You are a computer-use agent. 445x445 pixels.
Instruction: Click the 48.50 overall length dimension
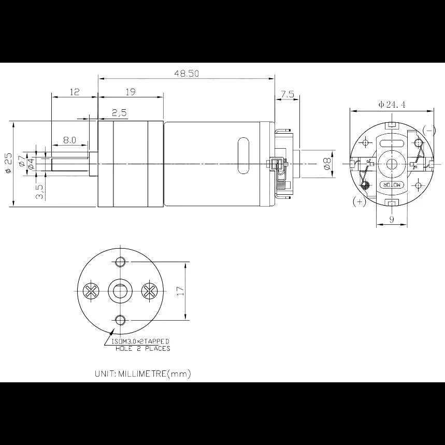click(x=186, y=74)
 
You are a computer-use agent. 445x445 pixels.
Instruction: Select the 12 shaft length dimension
click(x=75, y=92)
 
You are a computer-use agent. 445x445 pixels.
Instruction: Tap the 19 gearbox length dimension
click(x=130, y=92)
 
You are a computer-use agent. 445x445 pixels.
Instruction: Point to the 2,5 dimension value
click(x=119, y=112)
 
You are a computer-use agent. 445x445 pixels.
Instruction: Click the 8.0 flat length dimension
click(x=69, y=140)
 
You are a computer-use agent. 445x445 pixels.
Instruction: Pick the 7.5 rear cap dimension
click(x=288, y=94)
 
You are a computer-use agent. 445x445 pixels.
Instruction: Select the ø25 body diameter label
click(x=9, y=163)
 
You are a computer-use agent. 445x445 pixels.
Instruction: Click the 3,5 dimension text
click(x=40, y=192)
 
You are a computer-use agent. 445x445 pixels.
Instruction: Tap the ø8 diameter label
click(x=327, y=164)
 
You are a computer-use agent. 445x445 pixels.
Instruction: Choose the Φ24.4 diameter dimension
click(x=392, y=105)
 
